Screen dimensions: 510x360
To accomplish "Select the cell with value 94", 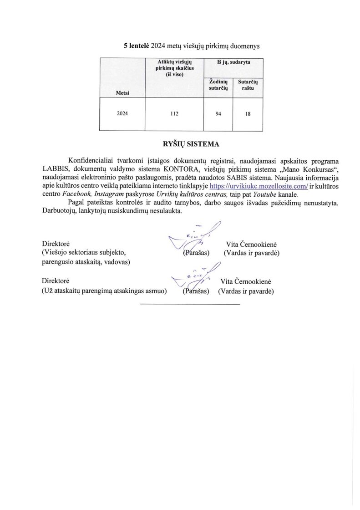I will coord(218,114).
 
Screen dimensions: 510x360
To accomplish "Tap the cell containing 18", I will coord(247,115).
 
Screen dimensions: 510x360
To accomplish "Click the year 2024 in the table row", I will coord(122,114).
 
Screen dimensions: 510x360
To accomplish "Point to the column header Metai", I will coord(122,92).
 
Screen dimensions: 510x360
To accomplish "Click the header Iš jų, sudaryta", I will coord(233,61).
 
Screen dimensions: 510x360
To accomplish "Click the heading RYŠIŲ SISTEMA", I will coord(185,144).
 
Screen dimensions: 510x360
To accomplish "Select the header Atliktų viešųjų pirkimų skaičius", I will coord(174,68).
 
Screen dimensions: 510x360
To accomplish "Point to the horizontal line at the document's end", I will coord(189,304).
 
